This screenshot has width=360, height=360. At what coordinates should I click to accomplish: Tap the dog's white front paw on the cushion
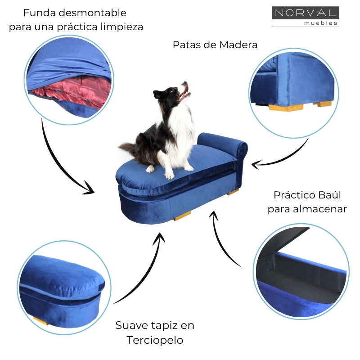(169, 175)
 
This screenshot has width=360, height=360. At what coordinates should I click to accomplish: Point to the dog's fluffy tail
(129, 147)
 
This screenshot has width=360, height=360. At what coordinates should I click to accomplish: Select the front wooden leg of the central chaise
(182, 216)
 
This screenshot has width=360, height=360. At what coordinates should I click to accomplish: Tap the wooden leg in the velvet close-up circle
(40, 320)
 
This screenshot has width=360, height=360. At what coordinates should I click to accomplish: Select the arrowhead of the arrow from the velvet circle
(160, 236)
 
